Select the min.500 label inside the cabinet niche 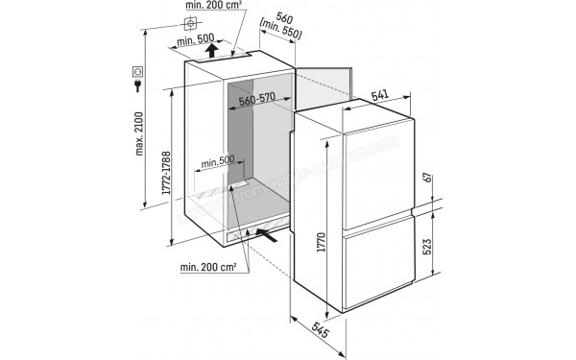tap(218, 161)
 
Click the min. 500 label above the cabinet tap(198, 40)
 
